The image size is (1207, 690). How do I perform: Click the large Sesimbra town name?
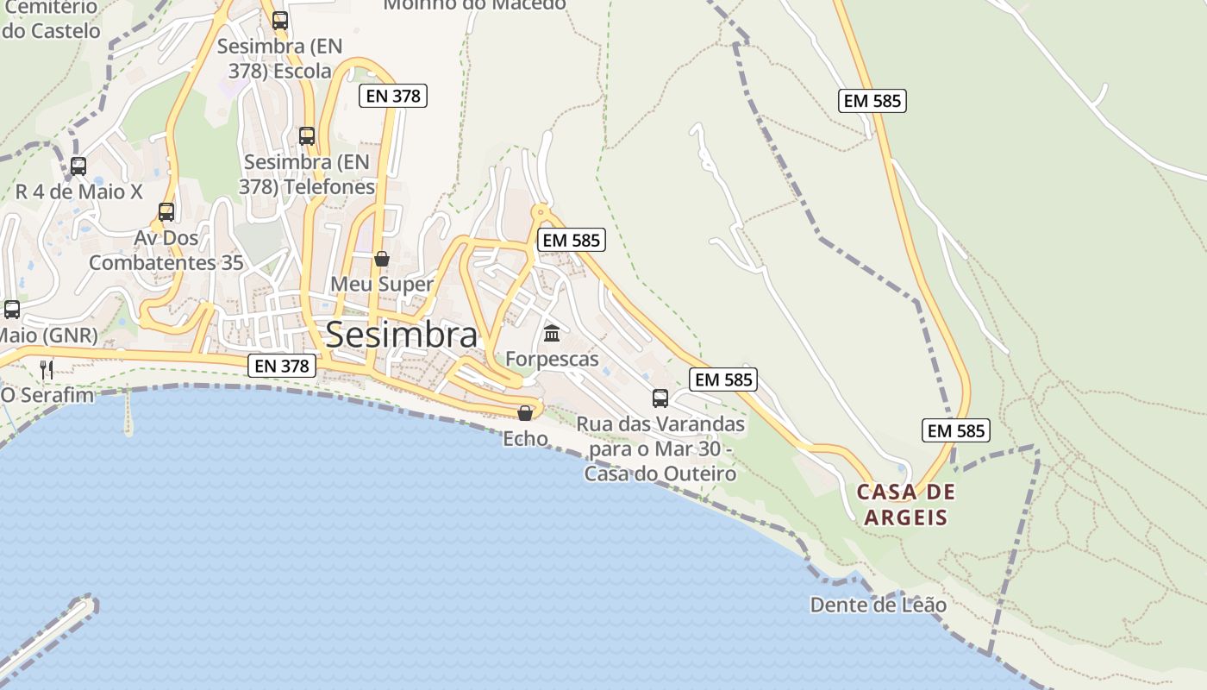pyautogui.click(x=402, y=336)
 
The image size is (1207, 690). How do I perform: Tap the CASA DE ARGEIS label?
pyautogui.click(x=906, y=505)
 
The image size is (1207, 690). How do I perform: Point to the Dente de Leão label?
pyautogui.click(x=878, y=605)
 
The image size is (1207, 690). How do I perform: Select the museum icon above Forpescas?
pyautogui.click(x=552, y=333)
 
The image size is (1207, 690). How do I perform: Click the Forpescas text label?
pyautogui.click(x=552, y=359)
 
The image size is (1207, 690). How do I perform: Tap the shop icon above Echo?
pyautogui.click(x=525, y=413)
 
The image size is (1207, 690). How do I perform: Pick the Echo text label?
pyautogui.click(x=525, y=439)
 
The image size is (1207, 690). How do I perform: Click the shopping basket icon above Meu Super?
pyautogui.click(x=382, y=259)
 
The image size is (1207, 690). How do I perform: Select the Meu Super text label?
pyautogui.click(x=382, y=285)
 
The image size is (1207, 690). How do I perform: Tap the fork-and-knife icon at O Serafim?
pyautogui.click(x=47, y=370)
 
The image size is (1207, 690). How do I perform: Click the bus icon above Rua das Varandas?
pyautogui.click(x=660, y=398)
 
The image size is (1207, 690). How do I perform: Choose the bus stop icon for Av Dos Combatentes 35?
pyautogui.click(x=166, y=211)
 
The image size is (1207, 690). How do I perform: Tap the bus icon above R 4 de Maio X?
pyautogui.click(x=78, y=166)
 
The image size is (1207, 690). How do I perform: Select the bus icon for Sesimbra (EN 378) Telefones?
pyautogui.click(x=307, y=135)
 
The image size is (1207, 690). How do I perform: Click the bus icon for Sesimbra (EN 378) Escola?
pyautogui.click(x=280, y=20)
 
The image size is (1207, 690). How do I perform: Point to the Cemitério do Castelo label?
pyautogui.click(x=51, y=19)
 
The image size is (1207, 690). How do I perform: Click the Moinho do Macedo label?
pyautogui.click(x=474, y=5)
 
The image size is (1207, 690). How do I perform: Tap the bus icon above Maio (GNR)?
pyautogui.click(x=12, y=309)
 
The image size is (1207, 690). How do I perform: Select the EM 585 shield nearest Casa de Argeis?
pyautogui.click(x=955, y=430)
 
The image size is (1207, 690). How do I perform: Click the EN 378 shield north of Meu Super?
pyautogui.click(x=393, y=96)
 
